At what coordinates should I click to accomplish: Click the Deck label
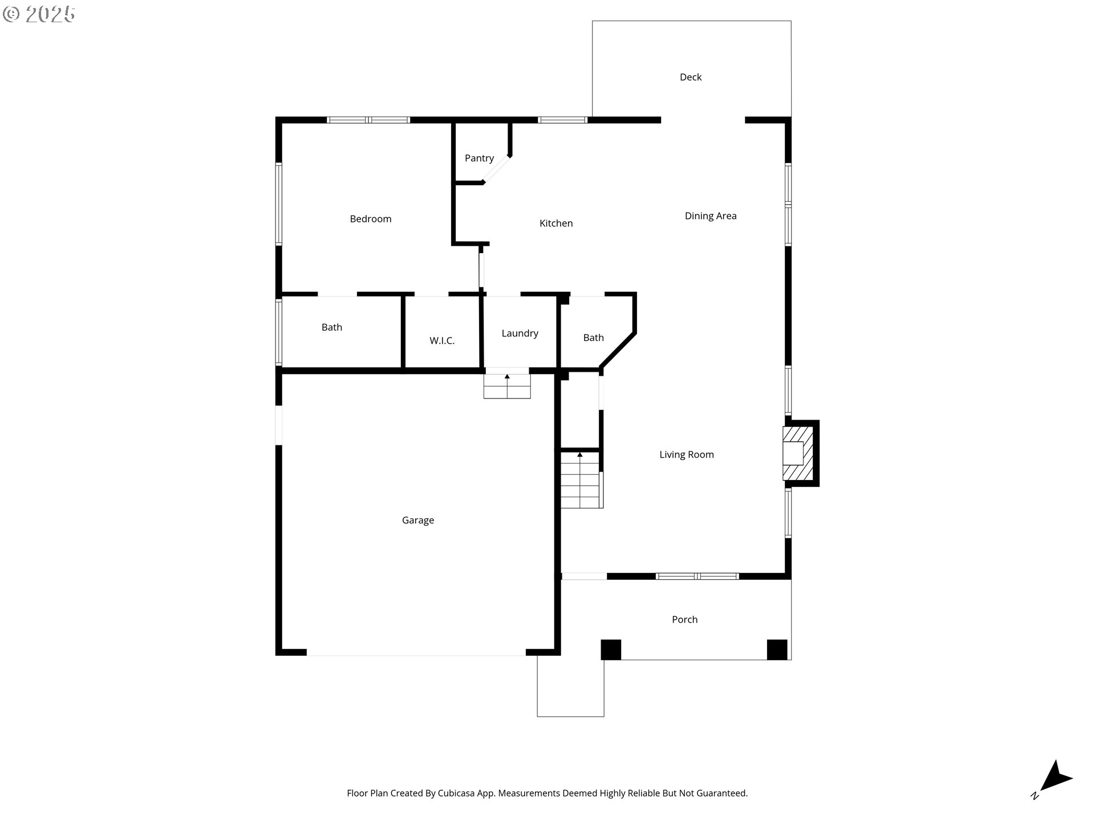(x=690, y=77)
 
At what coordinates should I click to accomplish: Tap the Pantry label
(x=479, y=158)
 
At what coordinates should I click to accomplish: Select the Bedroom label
(x=370, y=219)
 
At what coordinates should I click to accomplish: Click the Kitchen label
(x=556, y=223)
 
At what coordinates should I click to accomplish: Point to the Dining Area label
(x=711, y=216)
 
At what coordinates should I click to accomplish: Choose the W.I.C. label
(x=442, y=341)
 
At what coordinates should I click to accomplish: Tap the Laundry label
(x=520, y=333)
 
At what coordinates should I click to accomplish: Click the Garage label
(x=417, y=520)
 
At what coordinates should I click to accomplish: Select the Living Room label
(x=687, y=454)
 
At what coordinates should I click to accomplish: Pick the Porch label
(x=684, y=619)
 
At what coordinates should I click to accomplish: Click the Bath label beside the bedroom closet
(x=331, y=327)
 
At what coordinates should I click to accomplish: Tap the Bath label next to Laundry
(x=593, y=338)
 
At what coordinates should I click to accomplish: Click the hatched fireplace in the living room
(x=797, y=453)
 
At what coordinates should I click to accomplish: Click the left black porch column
(x=611, y=649)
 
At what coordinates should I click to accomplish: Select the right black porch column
(x=777, y=649)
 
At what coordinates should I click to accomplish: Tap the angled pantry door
(x=497, y=169)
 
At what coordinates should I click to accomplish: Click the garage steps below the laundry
(x=507, y=386)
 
